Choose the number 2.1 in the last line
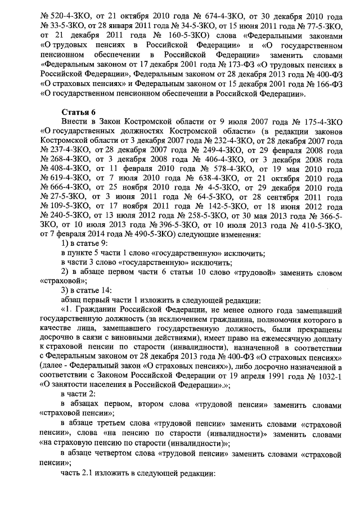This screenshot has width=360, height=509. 90,474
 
